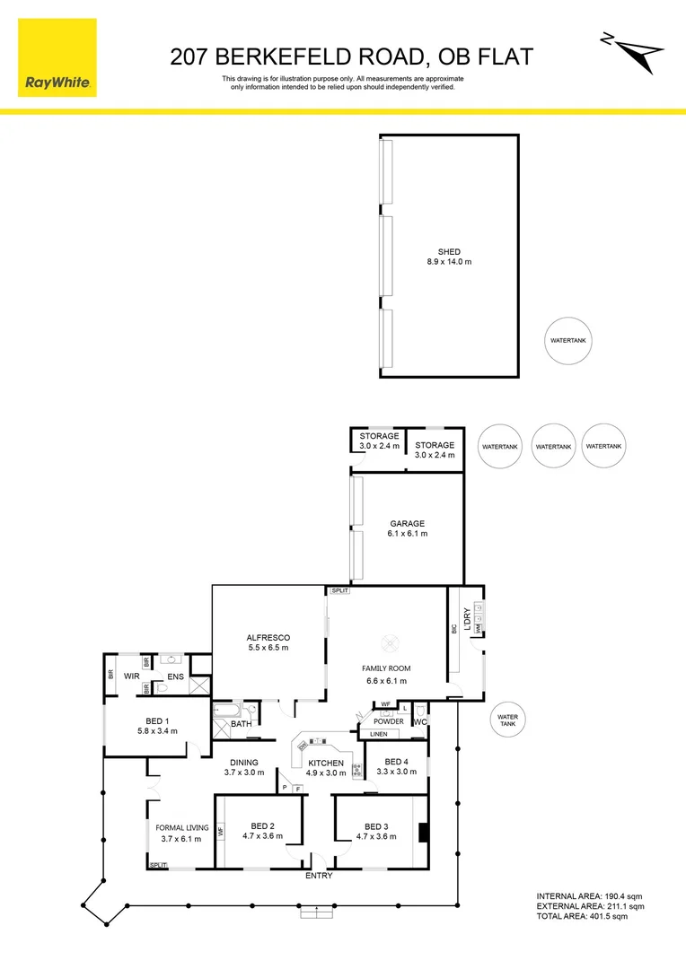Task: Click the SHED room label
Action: tap(449, 252)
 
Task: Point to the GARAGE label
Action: tap(407, 524)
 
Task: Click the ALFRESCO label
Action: tap(268, 638)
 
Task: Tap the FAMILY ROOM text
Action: tap(386, 668)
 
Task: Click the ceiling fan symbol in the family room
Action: tap(391, 642)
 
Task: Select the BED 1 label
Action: tap(157, 720)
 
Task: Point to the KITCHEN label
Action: tap(326, 763)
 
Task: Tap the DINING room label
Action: tap(242, 763)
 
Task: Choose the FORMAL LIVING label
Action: tap(182, 827)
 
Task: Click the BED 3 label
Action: tap(377, 826)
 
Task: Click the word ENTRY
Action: tap(319, 876)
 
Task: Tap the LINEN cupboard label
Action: tap(377, 734)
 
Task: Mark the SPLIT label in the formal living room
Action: tap(159, 865)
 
